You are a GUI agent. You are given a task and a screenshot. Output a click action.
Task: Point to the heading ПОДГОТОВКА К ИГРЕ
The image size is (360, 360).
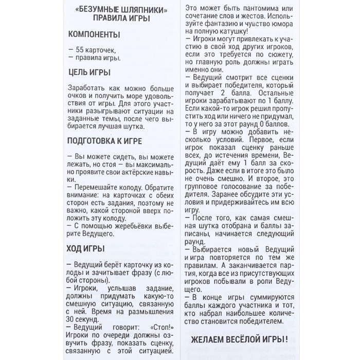point(104,140)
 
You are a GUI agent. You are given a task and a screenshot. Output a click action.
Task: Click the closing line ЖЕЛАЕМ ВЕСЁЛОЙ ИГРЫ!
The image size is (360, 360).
point(245,340)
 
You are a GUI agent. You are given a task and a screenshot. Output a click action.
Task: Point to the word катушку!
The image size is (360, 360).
point(212,31)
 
